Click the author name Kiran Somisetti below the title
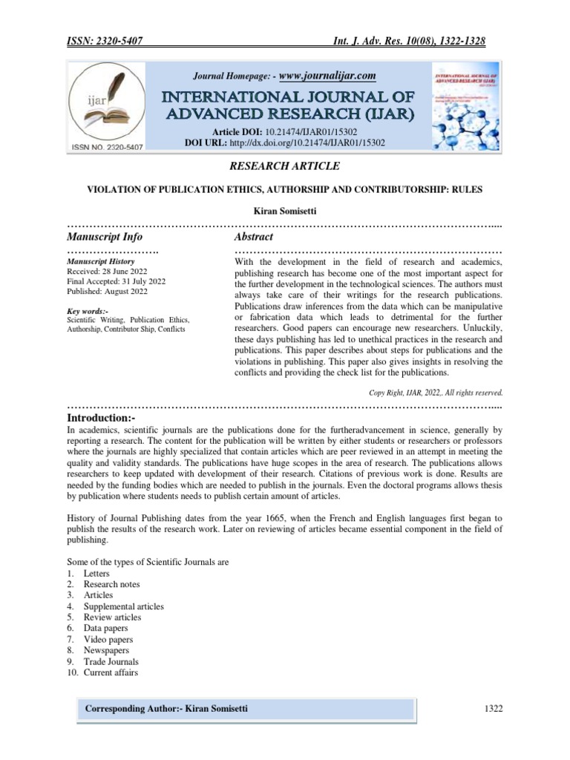point(285,212)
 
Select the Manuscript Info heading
point(105,237)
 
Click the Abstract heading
point(254,237)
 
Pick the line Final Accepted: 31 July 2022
point(116,281)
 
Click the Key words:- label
point(87,311)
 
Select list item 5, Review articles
point(112,617)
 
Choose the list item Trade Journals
point(111,661)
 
